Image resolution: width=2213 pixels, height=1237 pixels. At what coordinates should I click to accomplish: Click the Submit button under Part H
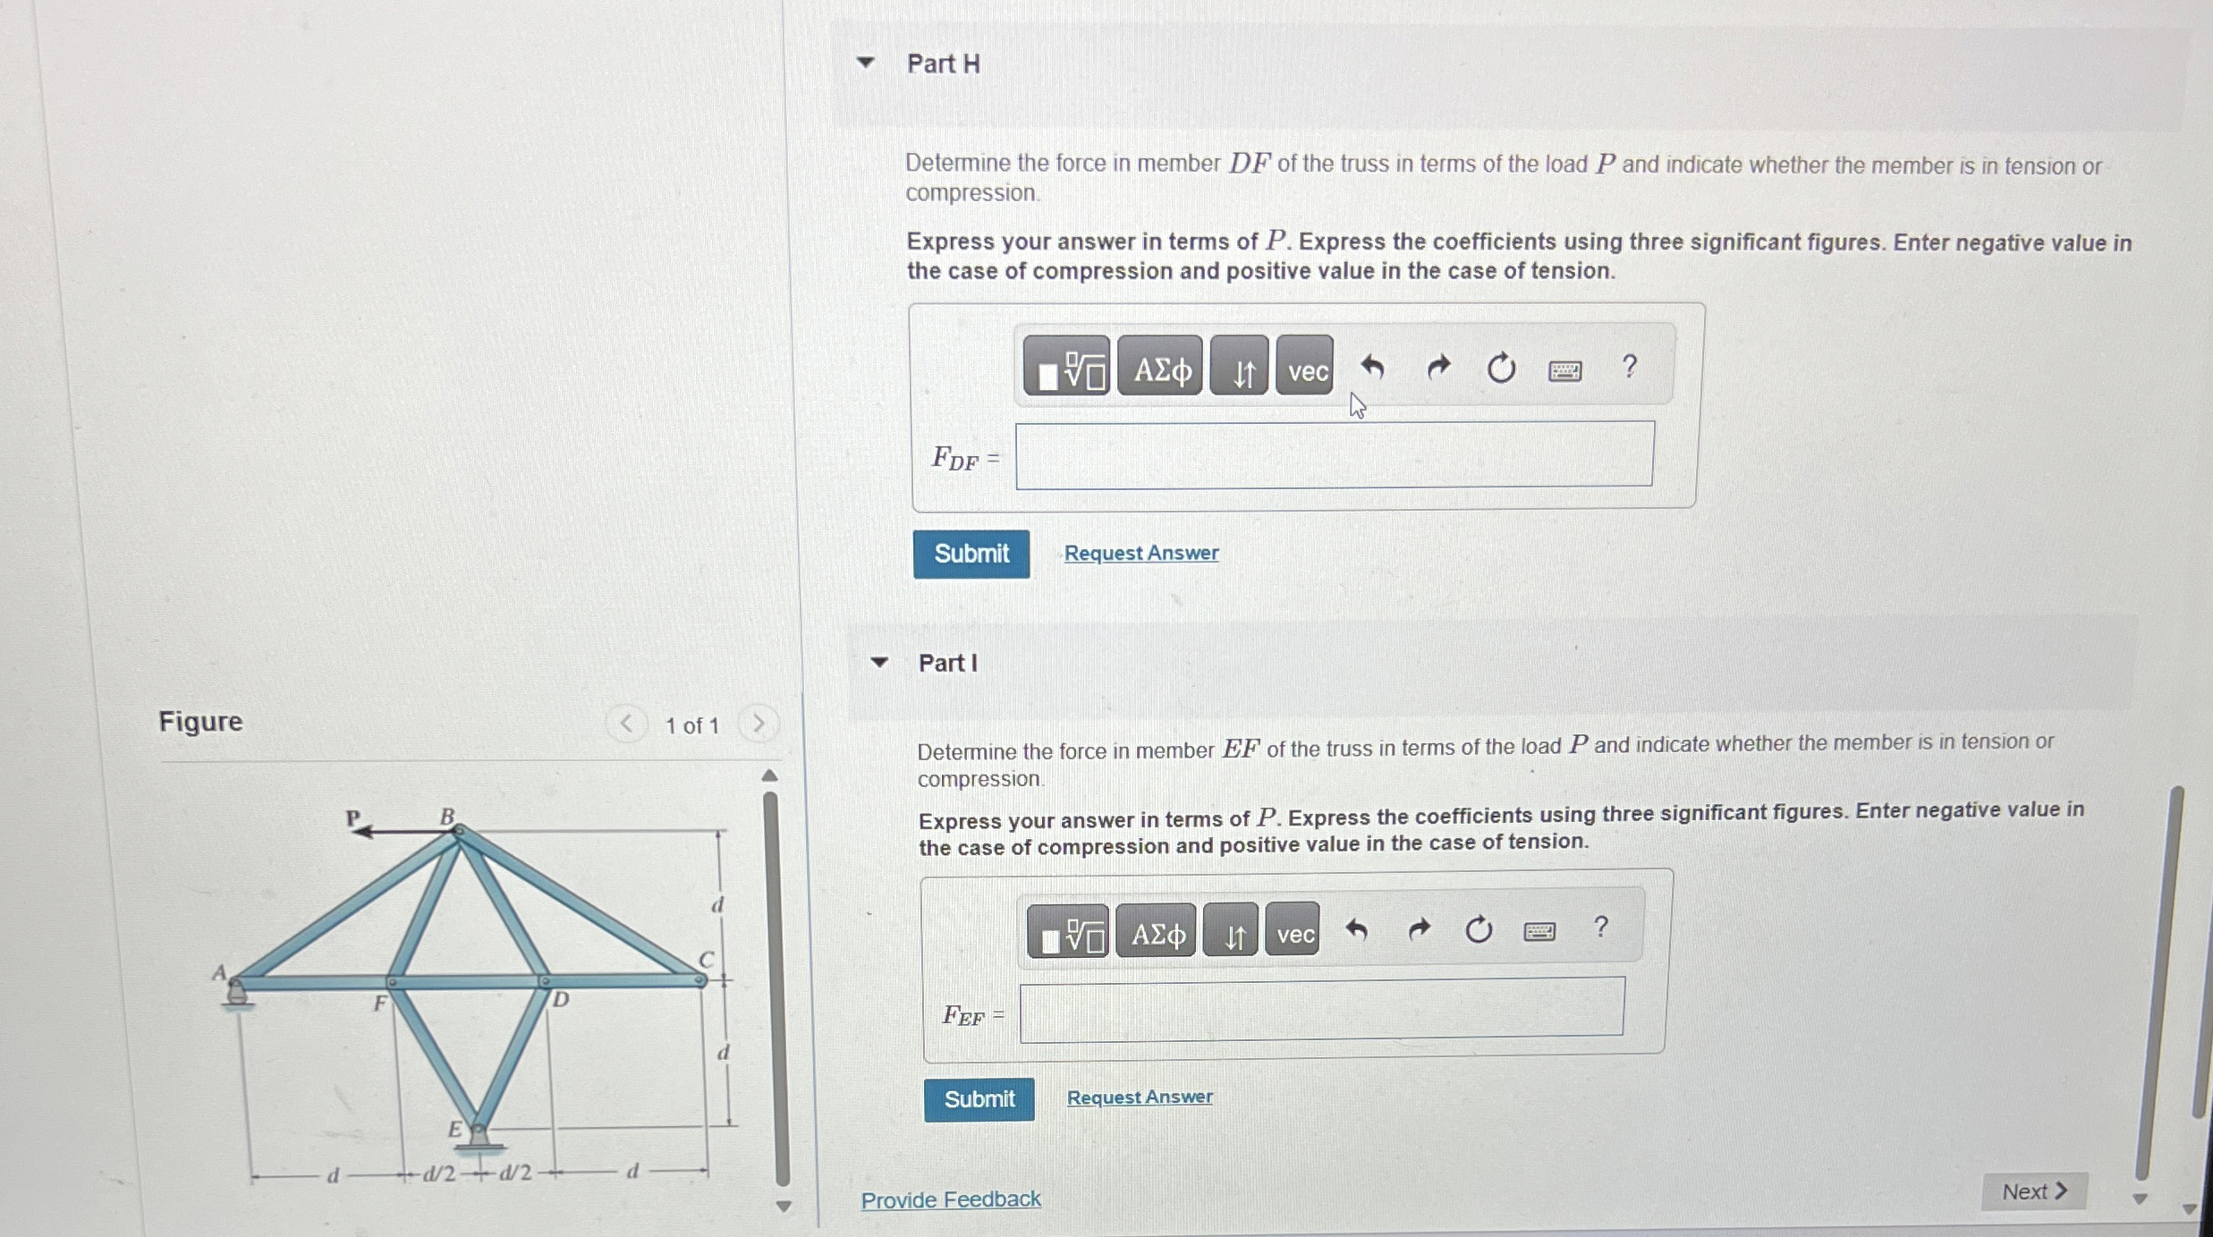point(971,554)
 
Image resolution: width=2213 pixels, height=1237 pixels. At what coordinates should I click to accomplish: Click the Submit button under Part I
point(979,1098)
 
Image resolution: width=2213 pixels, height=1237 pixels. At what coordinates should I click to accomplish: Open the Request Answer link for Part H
point(1140,553)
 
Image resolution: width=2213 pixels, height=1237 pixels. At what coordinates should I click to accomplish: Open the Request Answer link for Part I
point(1139,1097)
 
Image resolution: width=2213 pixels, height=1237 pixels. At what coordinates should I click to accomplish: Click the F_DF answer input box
point(1334,454)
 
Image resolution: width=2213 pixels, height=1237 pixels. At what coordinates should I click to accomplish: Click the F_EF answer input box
point(1321,1010)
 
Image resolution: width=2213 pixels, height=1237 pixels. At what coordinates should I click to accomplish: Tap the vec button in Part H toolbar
point(1305,369)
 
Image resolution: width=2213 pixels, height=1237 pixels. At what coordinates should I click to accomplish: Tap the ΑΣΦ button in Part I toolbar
point(1156,934)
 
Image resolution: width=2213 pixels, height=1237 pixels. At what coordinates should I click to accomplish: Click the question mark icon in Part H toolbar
point(1629,367)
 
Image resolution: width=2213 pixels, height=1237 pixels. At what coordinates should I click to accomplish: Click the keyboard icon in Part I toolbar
point(1539,932)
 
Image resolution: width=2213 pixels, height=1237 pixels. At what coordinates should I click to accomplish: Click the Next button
point(2033,1191)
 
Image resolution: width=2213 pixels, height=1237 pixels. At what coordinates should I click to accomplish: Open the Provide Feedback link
point(950,1199)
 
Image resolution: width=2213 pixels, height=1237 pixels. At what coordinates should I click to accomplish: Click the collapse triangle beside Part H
point(864,63)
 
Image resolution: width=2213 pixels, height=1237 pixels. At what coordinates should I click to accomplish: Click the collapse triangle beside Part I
point(878,663)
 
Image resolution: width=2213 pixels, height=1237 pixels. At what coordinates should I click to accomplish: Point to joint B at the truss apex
point(458,832)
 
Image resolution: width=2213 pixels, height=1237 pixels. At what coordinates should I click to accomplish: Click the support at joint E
point(478,1137)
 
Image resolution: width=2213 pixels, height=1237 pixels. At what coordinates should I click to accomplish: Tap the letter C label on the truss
point(706,959)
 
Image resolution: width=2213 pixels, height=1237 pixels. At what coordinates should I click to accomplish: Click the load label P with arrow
point(355,818)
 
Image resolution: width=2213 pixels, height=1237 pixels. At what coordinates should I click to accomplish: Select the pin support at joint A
point(237,994)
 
